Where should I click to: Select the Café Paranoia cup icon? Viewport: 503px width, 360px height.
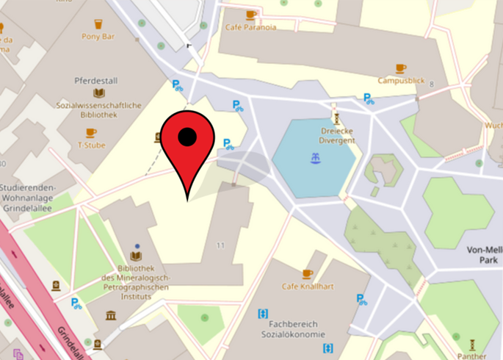(251, 15)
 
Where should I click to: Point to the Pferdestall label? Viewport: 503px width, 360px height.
(92, 80)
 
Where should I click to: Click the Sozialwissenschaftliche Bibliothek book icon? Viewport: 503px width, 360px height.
(99, 93)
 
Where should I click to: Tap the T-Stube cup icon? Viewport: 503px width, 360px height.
(91, 133)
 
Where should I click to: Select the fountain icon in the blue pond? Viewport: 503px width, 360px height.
(316, 157)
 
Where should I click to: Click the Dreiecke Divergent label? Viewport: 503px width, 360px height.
(337, 135)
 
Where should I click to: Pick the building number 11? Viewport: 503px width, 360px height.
(220, 244)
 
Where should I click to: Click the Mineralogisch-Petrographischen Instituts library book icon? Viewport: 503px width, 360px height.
(136, 256)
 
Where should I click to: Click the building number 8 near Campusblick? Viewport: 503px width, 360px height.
(432, 85)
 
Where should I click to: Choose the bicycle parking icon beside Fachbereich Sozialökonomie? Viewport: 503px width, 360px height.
(361, 299)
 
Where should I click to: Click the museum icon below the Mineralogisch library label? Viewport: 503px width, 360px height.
(111, 315)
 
